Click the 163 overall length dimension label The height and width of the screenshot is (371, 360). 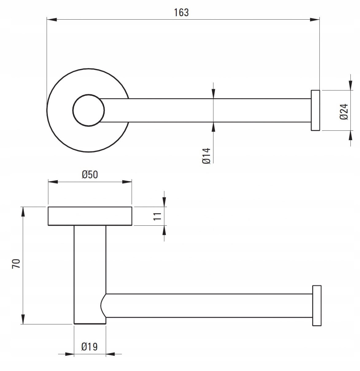pyautogui.click(x=181, y=13)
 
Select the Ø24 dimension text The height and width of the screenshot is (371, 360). pyautogui.click(x=344, y=112)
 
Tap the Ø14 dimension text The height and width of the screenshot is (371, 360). pyautogui.click(x=206, y=156)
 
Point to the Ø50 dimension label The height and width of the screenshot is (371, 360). pyautogui.click(x=90, y=174)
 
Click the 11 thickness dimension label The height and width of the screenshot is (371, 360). pyautogui.click(x=157, y=216)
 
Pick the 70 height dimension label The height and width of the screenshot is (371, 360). pyautogui.click(x=16, y=264)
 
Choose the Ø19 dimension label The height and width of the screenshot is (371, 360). pyautogui.click(x=90, y=346)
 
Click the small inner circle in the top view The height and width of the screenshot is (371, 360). pyautogui.click(x=88, y=110)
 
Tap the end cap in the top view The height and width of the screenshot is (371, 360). pyautogui.click(x=315, y=110)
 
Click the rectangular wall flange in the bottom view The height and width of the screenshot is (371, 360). pyautogui.click(x=90, y=216)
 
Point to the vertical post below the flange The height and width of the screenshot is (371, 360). pyautogui.click(x=90, y=275)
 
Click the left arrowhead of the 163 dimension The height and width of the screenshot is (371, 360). pyautogui.click(x=52, y=19)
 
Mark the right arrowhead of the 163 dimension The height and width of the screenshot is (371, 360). pyautogui.click(x=315, y=19)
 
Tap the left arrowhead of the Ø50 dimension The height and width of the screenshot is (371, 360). pyautogui.click(x=53, y=182)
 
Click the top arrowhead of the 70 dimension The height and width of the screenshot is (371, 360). pyautogui.click(x=23, y=212)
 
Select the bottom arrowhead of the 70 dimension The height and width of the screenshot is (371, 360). pyautogui.click(x=23, y=319)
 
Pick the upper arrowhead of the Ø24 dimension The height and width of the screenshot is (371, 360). pyautogui.click(x=350, y=86)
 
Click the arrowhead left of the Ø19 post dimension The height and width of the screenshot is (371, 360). pyautogui.click(x=69, y=354)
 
